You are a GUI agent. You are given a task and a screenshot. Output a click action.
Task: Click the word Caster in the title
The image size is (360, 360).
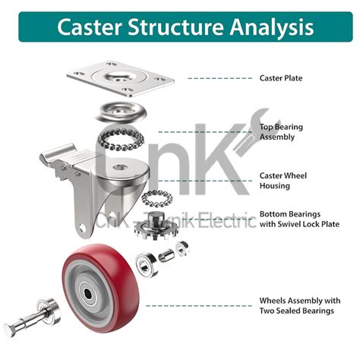click(87, 27)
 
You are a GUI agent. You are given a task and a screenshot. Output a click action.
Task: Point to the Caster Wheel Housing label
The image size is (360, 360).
click(283, 180)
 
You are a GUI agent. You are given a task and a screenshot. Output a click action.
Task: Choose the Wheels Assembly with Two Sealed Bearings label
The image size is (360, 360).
click(296, 305)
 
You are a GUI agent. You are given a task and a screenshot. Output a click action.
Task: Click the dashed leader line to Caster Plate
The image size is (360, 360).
click(220, 78)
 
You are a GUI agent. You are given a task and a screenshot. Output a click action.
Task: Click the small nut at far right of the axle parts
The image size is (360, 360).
click(182, 248)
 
